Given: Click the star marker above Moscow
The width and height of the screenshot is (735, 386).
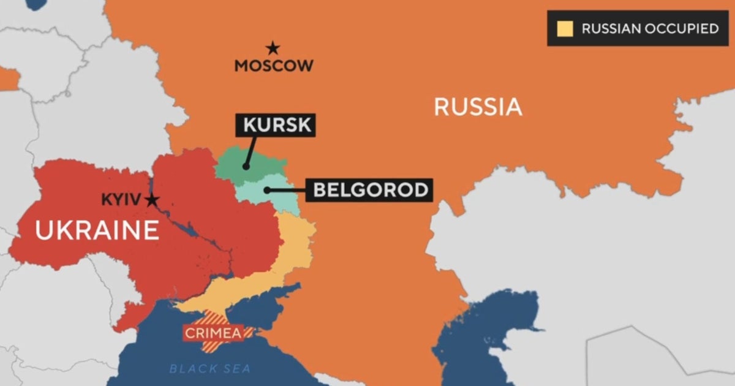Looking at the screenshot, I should (272, 48).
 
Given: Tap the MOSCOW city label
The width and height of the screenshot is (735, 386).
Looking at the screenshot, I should (274, 66).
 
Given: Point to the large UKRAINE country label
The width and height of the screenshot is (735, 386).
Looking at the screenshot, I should (97, 231).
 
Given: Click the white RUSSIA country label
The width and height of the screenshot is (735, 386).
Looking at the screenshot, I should (478, 107).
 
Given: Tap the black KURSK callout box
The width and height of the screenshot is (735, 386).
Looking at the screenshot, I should (276, 126).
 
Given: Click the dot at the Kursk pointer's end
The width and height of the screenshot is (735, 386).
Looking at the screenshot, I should (246, 165).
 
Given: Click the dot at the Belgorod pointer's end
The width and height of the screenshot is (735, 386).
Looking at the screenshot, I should (268, 190).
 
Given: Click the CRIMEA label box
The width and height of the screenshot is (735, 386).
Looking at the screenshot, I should (217, 333).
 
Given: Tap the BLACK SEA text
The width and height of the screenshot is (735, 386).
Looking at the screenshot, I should (210, 368).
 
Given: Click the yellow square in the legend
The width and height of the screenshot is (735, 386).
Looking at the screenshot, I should (565, 29).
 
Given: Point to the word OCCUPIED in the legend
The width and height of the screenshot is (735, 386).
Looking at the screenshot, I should (681, 29).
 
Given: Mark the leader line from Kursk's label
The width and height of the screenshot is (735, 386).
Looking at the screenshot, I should (251, 151).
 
